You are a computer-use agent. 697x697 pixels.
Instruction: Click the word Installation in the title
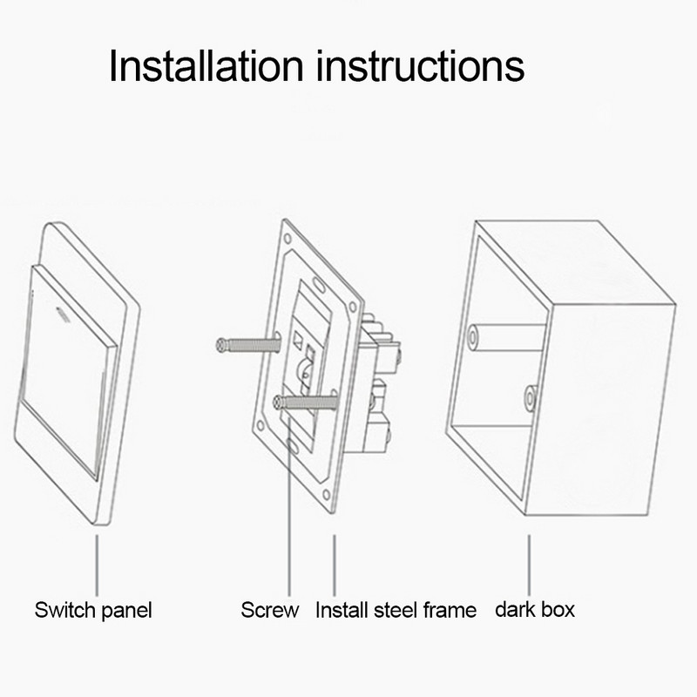[x=207, y=65]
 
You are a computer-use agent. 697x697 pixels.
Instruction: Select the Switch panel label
[x=93, y=610]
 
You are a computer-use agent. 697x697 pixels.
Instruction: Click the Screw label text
[x=270, y=610]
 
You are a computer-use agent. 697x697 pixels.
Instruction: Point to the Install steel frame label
[x=396, y=610]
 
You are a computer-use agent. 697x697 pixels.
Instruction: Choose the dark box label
[x=535, y=609]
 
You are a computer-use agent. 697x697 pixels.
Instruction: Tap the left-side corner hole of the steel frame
[x=259, y=424]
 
